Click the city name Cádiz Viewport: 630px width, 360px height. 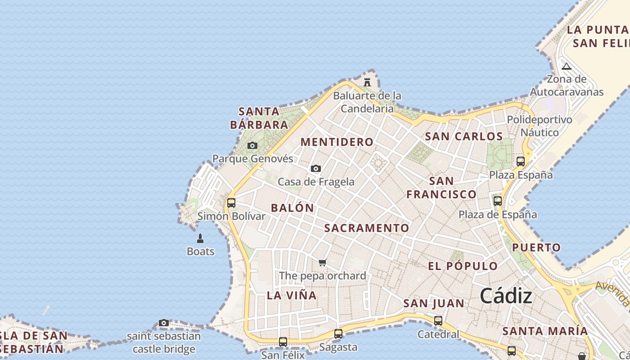click(506, 296)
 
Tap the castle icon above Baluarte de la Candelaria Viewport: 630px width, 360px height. click(367, 82)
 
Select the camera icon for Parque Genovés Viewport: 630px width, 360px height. click(252, 145)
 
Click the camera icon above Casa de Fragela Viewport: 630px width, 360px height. click(316, 168)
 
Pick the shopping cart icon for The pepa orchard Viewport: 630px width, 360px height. click(322, 262)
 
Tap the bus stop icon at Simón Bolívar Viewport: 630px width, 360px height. click(231, 202)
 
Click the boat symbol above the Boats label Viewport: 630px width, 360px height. click(200, 238)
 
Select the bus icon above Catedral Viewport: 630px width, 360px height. click(438, 321)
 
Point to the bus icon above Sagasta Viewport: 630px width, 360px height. click(338, 334)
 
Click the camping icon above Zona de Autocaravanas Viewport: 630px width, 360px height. click(567, 67)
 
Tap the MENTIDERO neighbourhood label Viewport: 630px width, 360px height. click(337, 142)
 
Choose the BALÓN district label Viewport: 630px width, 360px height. click(292, 208)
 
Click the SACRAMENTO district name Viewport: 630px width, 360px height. click(367, 228)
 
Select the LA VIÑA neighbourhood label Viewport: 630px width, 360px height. click(292, 296)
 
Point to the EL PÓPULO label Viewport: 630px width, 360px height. click(463, 266)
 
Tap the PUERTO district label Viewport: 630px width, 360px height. click(536, 247)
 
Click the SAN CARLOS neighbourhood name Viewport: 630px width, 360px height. click(463, 136)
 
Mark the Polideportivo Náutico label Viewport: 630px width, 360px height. click(540, 126)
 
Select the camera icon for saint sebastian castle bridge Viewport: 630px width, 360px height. click(164, 323)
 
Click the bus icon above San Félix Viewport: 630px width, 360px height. click(283, 342)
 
